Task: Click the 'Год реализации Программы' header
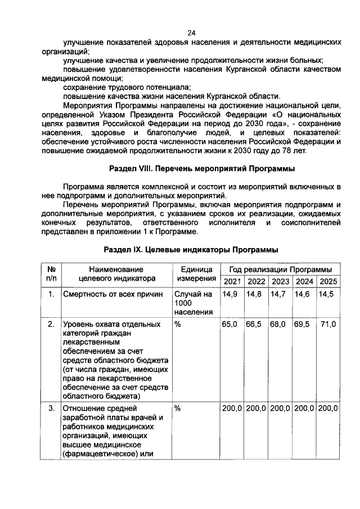(280, 270)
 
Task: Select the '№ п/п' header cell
(51, 274)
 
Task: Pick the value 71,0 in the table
(328, 325)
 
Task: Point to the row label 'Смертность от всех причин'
(112, 295)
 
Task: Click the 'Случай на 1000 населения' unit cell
(193, 303)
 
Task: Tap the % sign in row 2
(177, 325)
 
